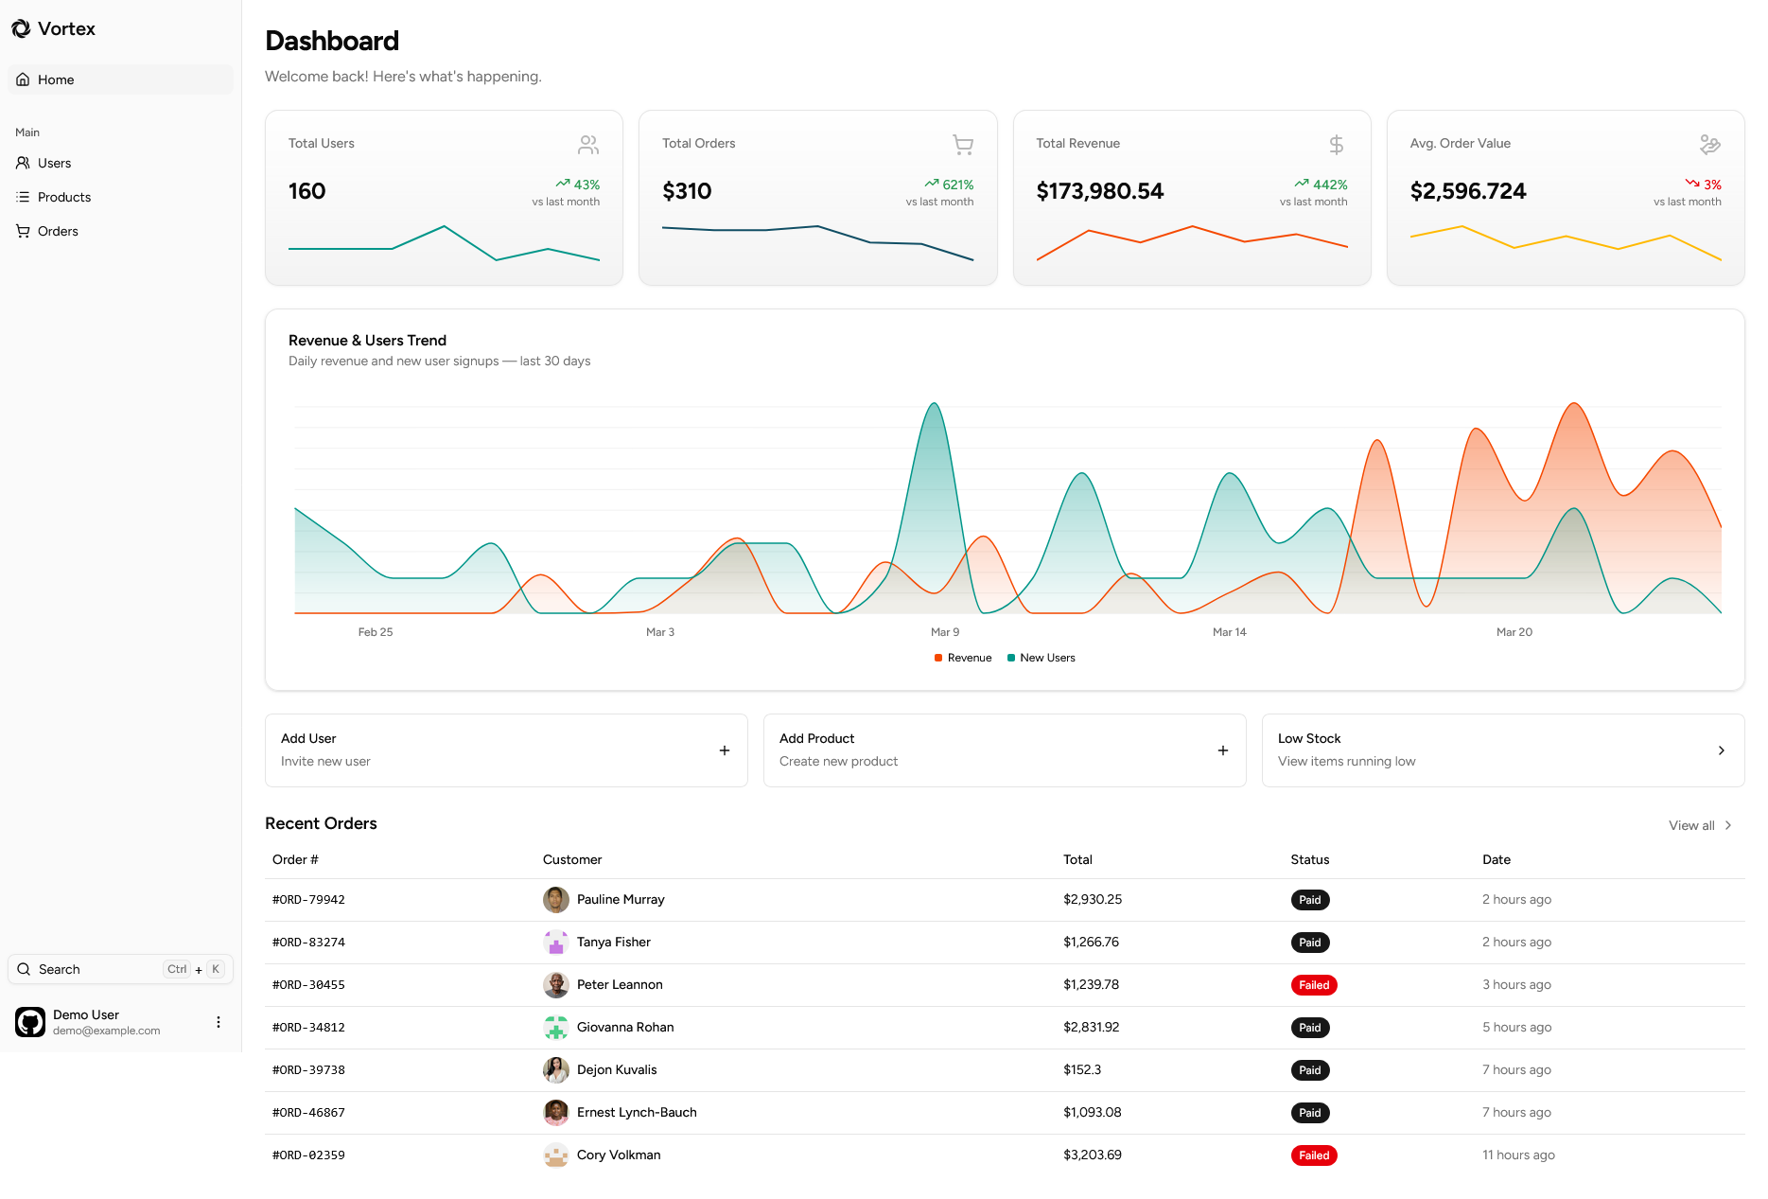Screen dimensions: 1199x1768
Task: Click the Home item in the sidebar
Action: tap(56, 79)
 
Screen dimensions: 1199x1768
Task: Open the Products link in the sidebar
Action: tap(64, 197)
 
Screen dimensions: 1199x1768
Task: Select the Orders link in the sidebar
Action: tap(58, 231)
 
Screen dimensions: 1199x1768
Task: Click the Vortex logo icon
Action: tap(21, 29)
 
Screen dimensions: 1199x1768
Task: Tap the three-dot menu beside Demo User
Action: tap(219, 1022)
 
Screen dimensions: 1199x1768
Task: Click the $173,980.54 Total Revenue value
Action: tap(1099, 191)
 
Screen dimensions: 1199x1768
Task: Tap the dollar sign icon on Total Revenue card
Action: tap(1336, 145)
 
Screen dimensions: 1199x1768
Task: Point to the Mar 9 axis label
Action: tap(944, 632)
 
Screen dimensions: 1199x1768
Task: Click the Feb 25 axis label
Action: tap(375, 632)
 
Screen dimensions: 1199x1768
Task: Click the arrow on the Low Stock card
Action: tap(1721, 750)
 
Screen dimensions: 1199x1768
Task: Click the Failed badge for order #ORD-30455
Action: tap(1313, 985)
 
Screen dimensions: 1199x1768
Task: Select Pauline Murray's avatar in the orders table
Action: tap(555, 900)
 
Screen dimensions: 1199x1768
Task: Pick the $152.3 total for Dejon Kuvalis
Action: tap(1081, 1069)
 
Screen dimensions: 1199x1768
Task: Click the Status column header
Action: tap(1309, 859)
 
